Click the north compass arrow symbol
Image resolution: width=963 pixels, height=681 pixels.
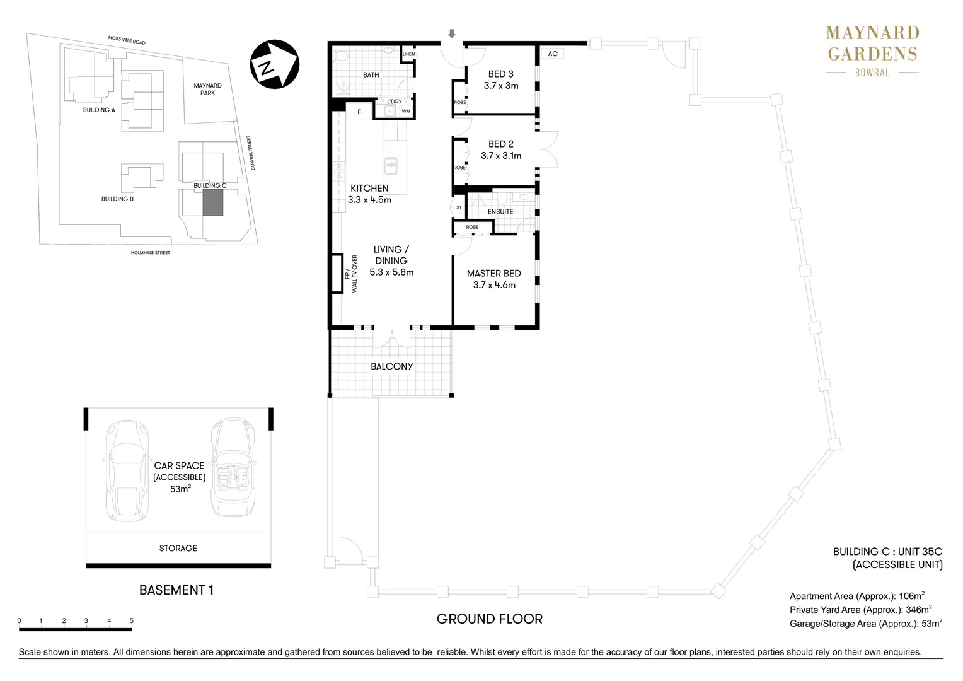point(275,64)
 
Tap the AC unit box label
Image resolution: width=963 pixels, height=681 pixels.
point(553,54)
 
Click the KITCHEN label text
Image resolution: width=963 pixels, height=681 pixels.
point(369,188)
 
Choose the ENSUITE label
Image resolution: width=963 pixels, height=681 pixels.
point(500,212)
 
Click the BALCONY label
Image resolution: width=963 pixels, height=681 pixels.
point(391,366)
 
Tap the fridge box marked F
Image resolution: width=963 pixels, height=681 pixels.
point(359,112)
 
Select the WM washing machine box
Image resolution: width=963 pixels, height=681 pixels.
point(406,112)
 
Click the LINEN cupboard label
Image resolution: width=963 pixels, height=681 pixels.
point(409,54)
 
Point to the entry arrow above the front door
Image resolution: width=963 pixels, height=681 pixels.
point(452,33)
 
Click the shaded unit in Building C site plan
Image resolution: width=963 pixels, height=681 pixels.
point(213,202)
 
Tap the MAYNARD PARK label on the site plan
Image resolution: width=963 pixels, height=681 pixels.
point(207,89)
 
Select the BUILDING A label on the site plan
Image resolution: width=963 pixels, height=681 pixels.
point(99,110)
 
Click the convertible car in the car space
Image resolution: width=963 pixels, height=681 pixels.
point(233,467)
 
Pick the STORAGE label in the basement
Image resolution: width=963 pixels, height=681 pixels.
point(178,548)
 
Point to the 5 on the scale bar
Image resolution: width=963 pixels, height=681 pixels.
point(132,620)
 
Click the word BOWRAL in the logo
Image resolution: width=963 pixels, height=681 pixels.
point(872,73)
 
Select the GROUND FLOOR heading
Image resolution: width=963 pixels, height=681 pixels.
point(490,619)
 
